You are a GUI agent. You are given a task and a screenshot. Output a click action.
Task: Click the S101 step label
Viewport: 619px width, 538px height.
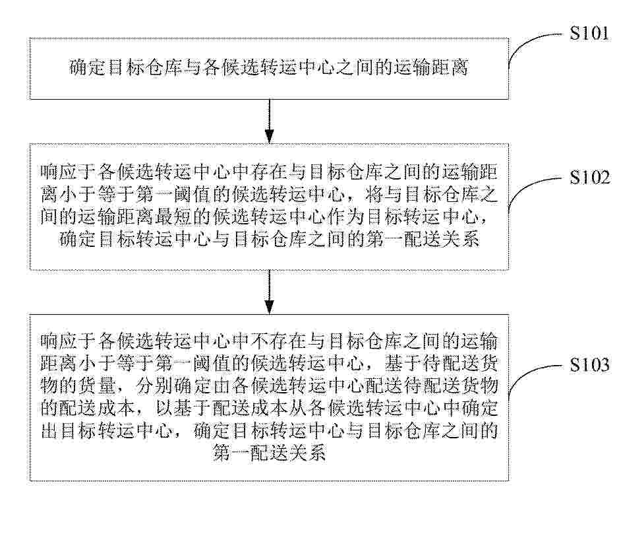point(589,33)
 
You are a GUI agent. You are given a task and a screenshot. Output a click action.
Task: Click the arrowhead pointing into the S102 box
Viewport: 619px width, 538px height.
point(269,137)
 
